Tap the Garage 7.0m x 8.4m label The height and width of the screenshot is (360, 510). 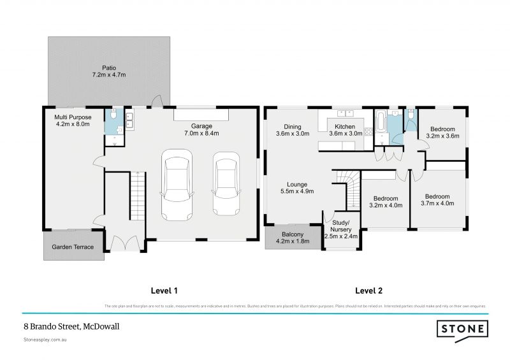pos(201,129)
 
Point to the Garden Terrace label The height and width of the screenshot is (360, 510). pos(73,247)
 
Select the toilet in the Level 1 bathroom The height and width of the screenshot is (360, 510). pos(113,115)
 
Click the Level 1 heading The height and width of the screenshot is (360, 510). pos(164,291)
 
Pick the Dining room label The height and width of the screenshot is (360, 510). pos(293,130)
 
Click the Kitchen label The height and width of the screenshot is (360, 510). pos(345,130)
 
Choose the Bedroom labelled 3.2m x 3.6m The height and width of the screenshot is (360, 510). pos(442,132)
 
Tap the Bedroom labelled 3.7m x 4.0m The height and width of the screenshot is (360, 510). pos(437,200)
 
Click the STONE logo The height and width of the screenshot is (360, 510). pos(463,329)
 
